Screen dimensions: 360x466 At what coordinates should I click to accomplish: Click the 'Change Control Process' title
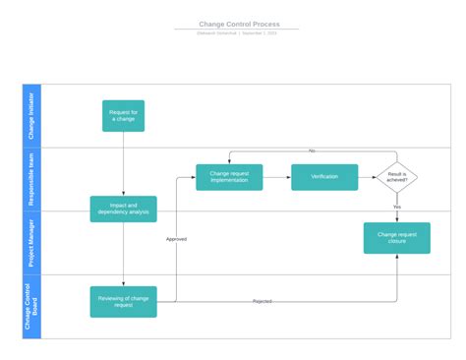tap(239, 24)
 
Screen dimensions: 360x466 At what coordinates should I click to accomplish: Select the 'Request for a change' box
tap(123, 115)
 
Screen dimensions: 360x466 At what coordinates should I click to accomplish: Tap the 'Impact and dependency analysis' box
tap(123, 209)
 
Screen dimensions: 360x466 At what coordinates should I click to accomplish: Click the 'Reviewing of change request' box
tap(123, 301)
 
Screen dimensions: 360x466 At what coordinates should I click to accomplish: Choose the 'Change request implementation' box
tap(229, 177)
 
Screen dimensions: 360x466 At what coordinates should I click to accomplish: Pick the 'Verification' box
tap(324, 177)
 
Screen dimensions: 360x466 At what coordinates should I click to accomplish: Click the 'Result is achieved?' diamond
tap(397, 177)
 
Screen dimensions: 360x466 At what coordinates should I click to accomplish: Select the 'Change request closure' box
tap(397, 238)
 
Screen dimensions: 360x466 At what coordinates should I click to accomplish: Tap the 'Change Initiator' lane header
tap(31, 115)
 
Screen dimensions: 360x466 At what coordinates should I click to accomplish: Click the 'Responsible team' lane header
tap(31, 178)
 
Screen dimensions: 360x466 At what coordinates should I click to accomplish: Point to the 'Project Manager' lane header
tap(31, 242)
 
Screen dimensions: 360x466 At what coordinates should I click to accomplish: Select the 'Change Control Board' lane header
tap(31, 306)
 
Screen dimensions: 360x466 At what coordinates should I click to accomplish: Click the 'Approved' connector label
tap(176, 239)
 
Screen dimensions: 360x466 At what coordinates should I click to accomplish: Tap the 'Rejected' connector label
tap(262, 301)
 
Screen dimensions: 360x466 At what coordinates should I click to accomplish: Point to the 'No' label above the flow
tap(312, 151)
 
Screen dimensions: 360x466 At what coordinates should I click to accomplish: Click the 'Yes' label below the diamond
tap(397, 207)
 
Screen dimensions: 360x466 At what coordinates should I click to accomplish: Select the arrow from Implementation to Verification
tap(277, 177)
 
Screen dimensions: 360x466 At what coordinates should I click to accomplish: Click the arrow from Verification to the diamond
tap(367, 177)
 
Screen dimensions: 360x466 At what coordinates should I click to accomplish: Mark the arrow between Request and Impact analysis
tap(123, 163)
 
